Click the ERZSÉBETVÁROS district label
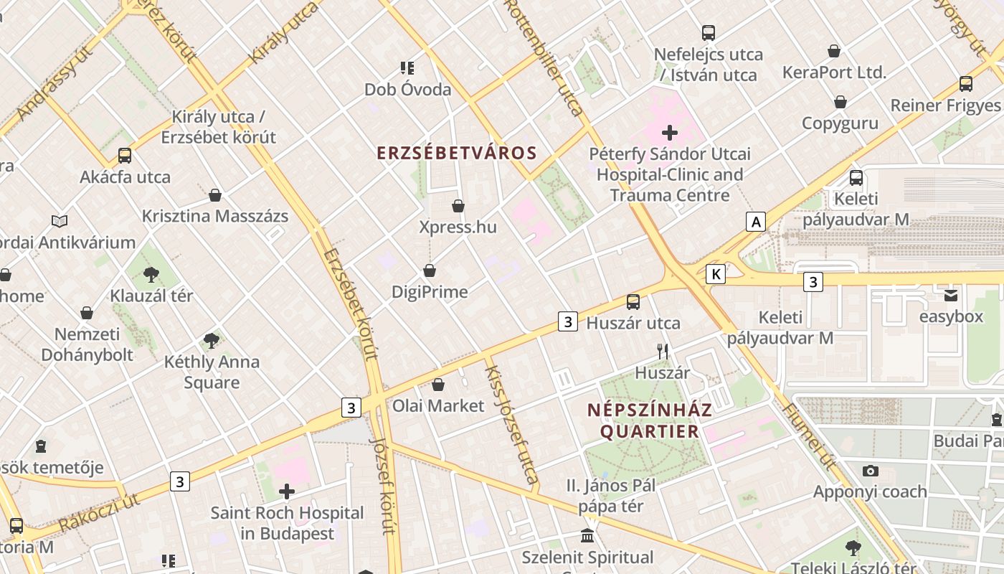point(457,153)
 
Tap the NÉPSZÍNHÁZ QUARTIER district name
point(650,420)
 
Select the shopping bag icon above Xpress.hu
point(458,207)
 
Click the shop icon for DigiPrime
point(430,270)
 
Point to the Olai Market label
point(438,405)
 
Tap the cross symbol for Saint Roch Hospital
point(287,491)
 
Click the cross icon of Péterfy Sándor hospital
point(670,133)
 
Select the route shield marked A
point(755,222)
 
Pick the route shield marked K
point(715,273)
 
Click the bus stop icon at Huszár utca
point(633,302)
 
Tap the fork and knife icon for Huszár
point(663,352)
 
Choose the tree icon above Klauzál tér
point(151,274)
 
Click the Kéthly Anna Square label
point(212,372)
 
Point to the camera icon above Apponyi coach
point(871,471)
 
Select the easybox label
point(951,316)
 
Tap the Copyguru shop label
point(840,123)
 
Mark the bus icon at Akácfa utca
point(125,156)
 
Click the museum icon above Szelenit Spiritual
point(587,536)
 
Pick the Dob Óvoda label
point(408,90)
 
